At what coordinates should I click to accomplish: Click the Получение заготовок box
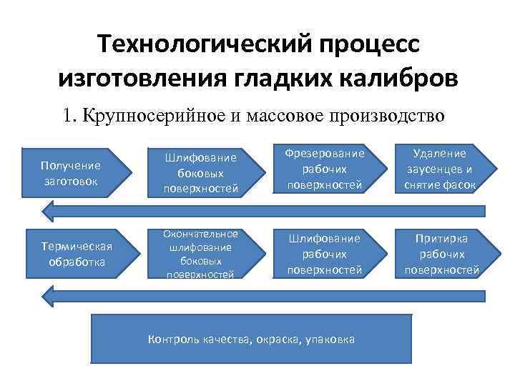click(75, 172)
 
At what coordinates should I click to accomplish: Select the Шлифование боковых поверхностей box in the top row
click(193, 172)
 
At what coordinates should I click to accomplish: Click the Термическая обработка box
click(75, 254)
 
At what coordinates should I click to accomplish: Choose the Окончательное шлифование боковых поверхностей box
click(193, 253)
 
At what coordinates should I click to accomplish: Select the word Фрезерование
click(324, 154)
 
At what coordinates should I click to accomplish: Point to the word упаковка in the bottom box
click(330, 340)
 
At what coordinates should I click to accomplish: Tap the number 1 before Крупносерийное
click(67, 114)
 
